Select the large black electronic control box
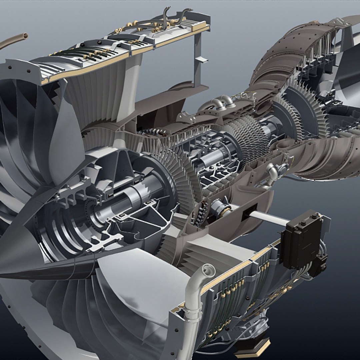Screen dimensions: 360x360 click(x=302, y=239)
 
